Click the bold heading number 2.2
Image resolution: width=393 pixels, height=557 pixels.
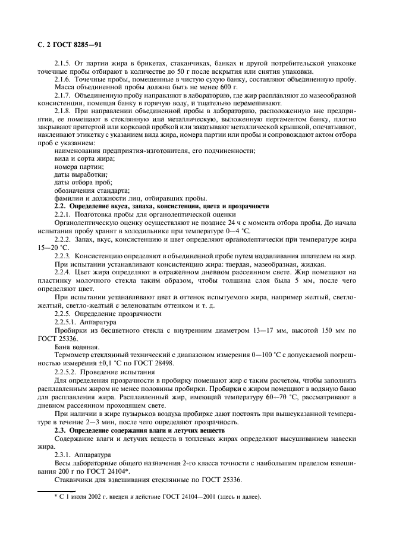coord(60,206)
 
